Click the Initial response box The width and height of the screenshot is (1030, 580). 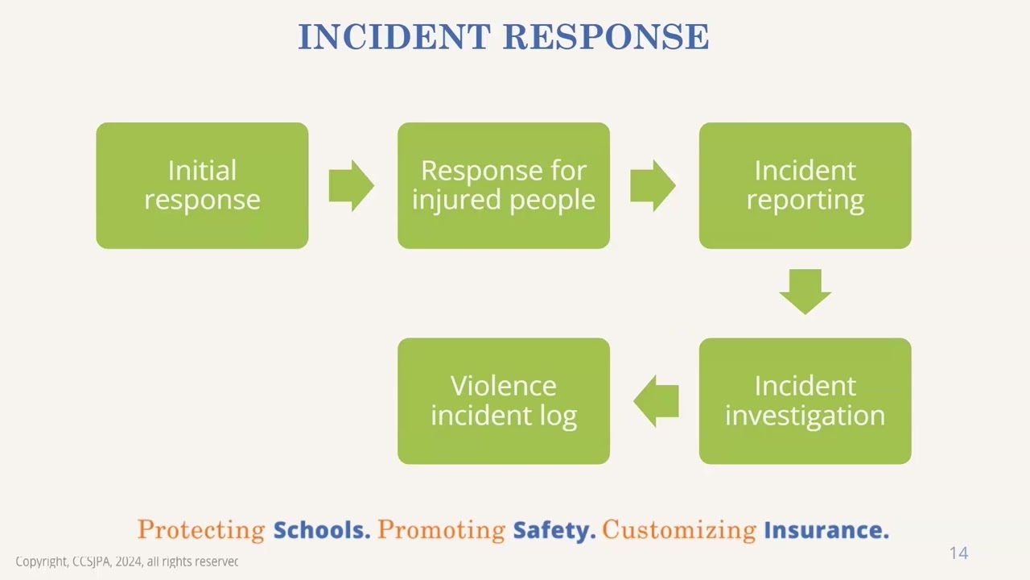tap(202, 185)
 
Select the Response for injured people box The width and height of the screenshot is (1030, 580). tap(504, 185)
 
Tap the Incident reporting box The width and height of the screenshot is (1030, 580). tap(805, 185)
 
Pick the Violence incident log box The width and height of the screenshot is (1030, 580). tap(504, 400)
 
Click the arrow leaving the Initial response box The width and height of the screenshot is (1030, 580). tap(352, 185)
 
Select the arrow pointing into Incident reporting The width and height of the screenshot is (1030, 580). tap(653, 185)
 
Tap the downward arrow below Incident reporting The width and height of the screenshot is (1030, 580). tap(805, 292)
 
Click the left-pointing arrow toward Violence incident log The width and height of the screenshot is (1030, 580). tap(656, 400)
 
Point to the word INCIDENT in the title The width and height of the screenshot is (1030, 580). tap(393, 37)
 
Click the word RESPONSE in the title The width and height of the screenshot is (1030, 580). tap(606, 37)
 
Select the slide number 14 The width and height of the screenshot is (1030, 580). tap(958, 553)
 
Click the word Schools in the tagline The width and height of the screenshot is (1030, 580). tap(321, 530)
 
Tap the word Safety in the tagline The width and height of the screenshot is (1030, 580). tap(554, 530)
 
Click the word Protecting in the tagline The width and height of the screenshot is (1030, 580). tap(201, 530)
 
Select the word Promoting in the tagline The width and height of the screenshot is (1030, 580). tap(441, 530)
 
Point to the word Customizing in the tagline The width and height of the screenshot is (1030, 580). tap(679, 530)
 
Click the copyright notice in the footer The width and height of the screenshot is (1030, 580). tap(127, 561)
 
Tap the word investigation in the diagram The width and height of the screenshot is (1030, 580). tap(805, 416)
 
